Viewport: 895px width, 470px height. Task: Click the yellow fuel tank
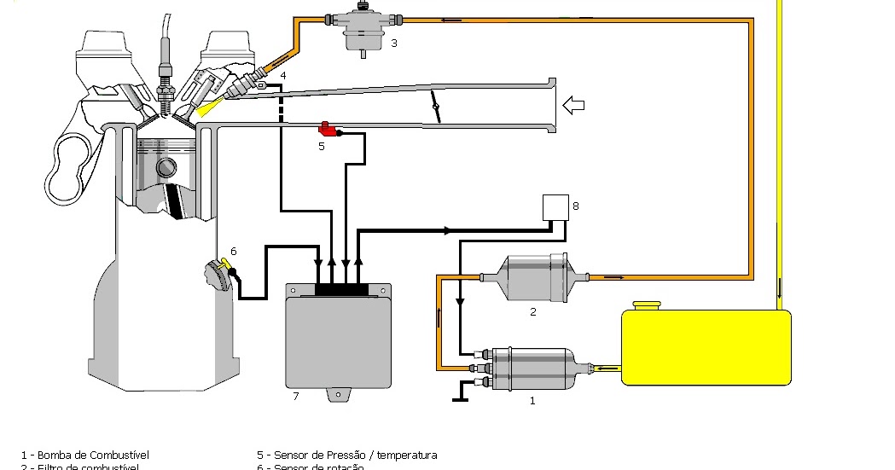(x=706, y=348)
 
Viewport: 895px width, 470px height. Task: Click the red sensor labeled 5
(x=327, y=130)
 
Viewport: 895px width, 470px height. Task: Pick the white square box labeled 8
(x=556, y=207)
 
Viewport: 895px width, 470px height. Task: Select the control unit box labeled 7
(x=339, y=340)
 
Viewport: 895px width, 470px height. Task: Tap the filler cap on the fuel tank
(x=647, y=305)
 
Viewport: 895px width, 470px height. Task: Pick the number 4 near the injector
(x=283, y=76)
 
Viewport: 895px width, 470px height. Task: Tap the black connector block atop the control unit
(x=341, y=290)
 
